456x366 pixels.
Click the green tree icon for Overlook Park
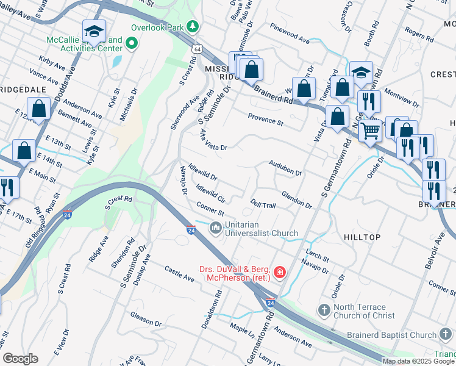[x=193, y=27]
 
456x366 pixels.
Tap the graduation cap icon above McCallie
[x=94, y=30]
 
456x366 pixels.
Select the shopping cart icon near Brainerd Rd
[x=369, y=130]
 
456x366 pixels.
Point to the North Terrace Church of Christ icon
[x=324, y=311]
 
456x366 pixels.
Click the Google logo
[x=20, y=359]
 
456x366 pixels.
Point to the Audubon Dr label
[x=285, y=168]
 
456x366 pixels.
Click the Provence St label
[x=265, y=119]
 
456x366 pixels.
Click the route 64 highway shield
[x=196, y=48]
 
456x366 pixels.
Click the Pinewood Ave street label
[x=291, y=34]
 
